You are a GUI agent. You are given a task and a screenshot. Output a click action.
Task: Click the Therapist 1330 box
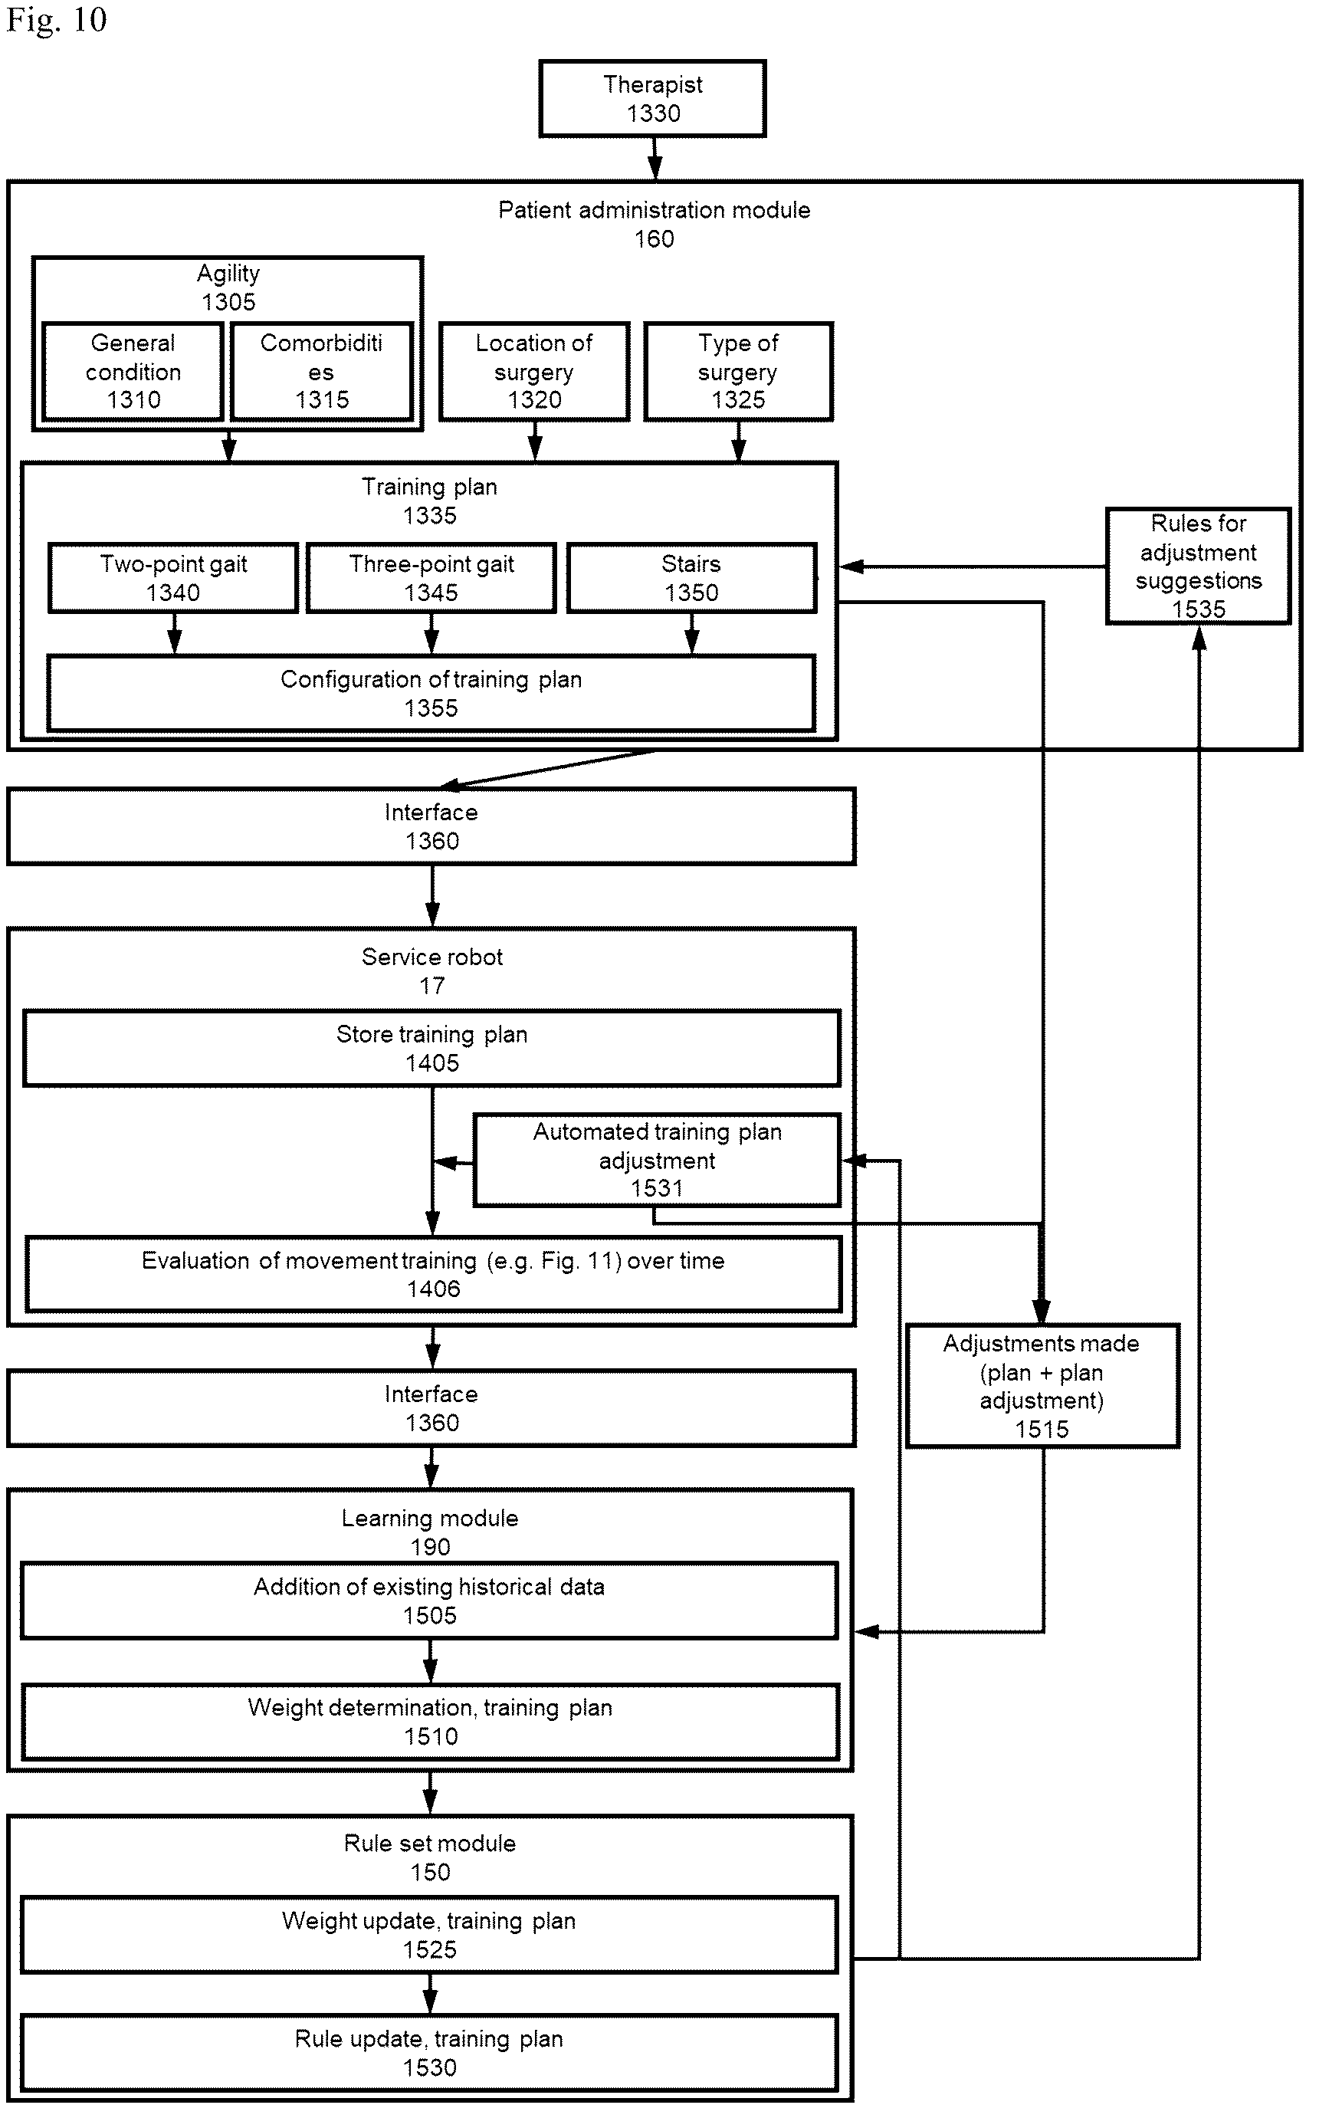(652, 99)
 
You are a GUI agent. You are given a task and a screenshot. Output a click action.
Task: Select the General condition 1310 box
(133, 372)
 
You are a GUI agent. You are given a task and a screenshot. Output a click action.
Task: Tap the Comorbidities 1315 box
(322, 372)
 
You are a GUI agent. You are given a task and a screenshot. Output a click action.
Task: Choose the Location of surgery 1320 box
(534, 372)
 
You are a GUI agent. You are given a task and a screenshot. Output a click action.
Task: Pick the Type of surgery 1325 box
(738, 372)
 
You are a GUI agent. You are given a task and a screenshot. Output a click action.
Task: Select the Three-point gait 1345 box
(431, 578)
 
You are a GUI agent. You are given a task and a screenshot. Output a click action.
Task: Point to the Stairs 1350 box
(692, 578)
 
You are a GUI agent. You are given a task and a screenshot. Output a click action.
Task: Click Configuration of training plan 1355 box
(431, 694)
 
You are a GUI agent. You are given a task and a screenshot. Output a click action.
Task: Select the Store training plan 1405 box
(431, 1049)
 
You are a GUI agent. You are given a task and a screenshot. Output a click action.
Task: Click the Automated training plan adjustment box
(657, 1161)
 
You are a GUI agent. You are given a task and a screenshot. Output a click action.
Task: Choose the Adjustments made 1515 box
(1042, 1386)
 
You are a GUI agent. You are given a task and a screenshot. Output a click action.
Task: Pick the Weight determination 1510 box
(430, 1722)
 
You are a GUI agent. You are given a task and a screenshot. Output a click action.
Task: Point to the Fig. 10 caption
(57, 20)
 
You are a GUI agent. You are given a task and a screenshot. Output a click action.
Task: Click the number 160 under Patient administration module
(655, 239)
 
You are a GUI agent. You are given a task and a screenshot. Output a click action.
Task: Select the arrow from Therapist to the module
(655, 159)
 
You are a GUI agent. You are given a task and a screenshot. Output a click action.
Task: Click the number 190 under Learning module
(430, 1547)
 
